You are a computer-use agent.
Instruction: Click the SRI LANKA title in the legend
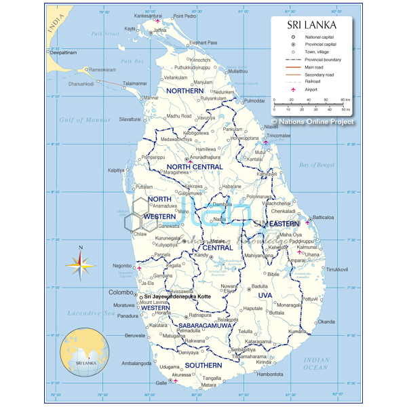click(x=313, y=24)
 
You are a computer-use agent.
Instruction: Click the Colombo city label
click(x=121, y=292)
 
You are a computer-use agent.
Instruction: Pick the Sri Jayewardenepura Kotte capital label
click(x=177, y=296)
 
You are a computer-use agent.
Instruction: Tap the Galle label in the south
click(x=161, y=383)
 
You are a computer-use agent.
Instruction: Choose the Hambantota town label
click(x=269, y=374)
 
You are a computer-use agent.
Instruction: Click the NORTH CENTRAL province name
click(x=195, y=167)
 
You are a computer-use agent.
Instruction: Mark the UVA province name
click(x=265, y=296)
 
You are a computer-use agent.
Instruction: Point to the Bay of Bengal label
click(x=317, y=165)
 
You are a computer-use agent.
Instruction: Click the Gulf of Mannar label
click(x=84, y=120)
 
